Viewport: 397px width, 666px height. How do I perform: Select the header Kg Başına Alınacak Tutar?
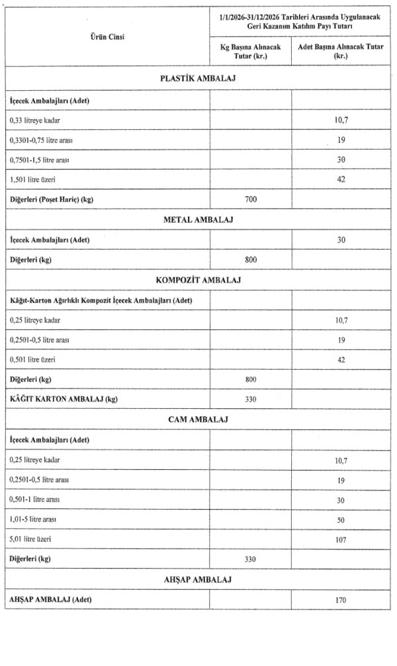coord(249,52)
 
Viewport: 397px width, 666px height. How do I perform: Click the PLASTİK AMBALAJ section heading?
coord(198,79)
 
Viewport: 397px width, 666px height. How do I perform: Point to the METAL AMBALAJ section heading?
coord(198,219)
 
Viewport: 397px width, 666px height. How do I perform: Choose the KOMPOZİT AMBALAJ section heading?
coord(198,280)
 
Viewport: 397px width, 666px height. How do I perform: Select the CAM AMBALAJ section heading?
coord(198,420)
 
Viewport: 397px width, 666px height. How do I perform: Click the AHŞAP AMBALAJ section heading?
coord(198,580)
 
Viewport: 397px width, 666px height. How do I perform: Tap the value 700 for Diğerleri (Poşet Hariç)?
coord(249,199)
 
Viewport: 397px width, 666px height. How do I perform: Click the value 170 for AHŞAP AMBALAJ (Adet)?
coord(341,600)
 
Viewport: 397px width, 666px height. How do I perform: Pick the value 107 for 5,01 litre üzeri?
coord(341,539)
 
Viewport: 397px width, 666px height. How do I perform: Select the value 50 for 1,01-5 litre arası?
coord(341,520)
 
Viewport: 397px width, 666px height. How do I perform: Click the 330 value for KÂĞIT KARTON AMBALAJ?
coord(249,399)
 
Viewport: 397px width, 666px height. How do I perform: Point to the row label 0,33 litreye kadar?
coord(39,120)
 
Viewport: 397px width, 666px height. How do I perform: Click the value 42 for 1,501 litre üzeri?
coord(341,180)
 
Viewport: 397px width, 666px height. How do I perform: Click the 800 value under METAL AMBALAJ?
coord(249,259)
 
